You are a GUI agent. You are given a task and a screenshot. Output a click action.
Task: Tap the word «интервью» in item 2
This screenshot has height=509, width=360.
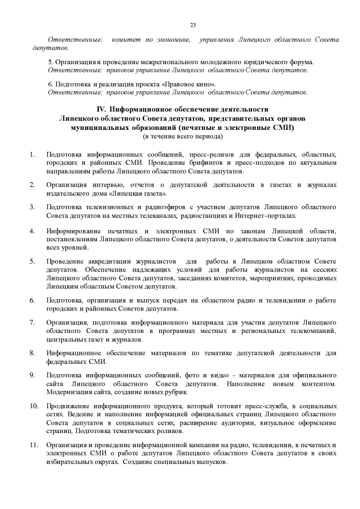point(107,184)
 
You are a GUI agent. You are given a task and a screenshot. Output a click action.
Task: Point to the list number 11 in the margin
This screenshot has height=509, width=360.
point(33,445)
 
